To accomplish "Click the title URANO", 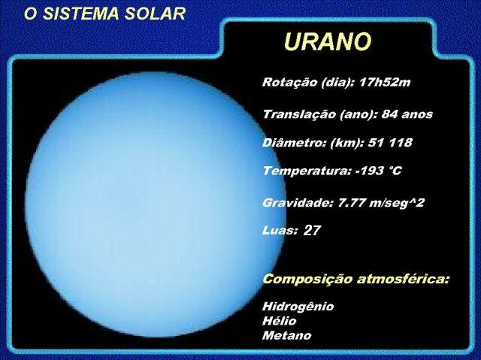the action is (328, 41).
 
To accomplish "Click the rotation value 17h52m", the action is (385, 82).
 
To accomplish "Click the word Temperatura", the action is (307, 171).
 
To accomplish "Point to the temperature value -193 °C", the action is (379, 171).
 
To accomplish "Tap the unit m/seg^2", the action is (397, 203).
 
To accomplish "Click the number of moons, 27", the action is (312, 230).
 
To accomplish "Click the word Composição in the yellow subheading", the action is (307, 280).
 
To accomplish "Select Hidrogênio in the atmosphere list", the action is (298, 307).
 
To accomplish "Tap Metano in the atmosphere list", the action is (287, 335).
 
